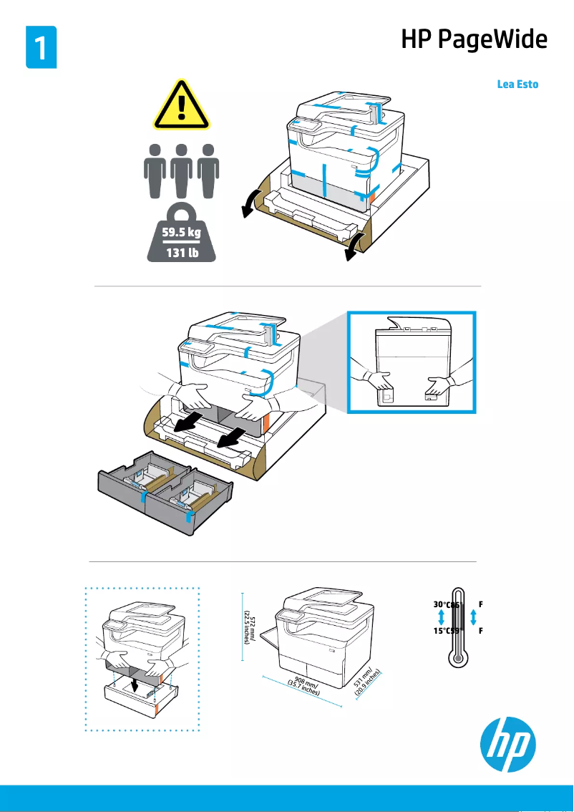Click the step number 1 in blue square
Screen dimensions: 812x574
[41, 47]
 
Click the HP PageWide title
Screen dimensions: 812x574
[474, 39]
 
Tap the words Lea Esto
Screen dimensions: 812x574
[517, 84]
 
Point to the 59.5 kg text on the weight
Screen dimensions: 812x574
[181, 232]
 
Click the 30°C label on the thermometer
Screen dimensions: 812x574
[442, 604]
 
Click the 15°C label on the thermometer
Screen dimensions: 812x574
[442, 630]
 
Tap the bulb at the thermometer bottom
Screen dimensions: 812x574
[458, 659]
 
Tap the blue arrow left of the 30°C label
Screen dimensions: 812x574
[441, 617]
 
